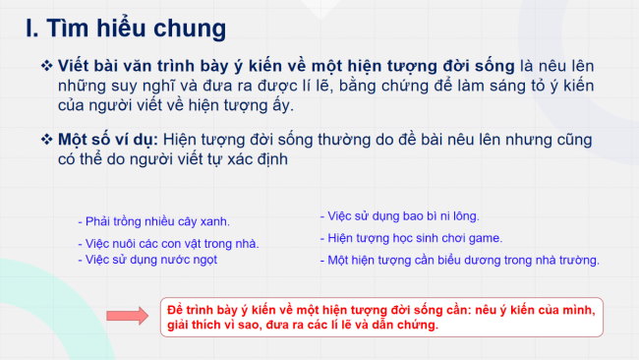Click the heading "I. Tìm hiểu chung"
click(x=125, y=29)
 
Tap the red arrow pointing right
click(x=128, y=315)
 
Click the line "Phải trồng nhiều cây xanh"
click(x=153, y=221)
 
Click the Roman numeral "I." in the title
click(x=34, y=29)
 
